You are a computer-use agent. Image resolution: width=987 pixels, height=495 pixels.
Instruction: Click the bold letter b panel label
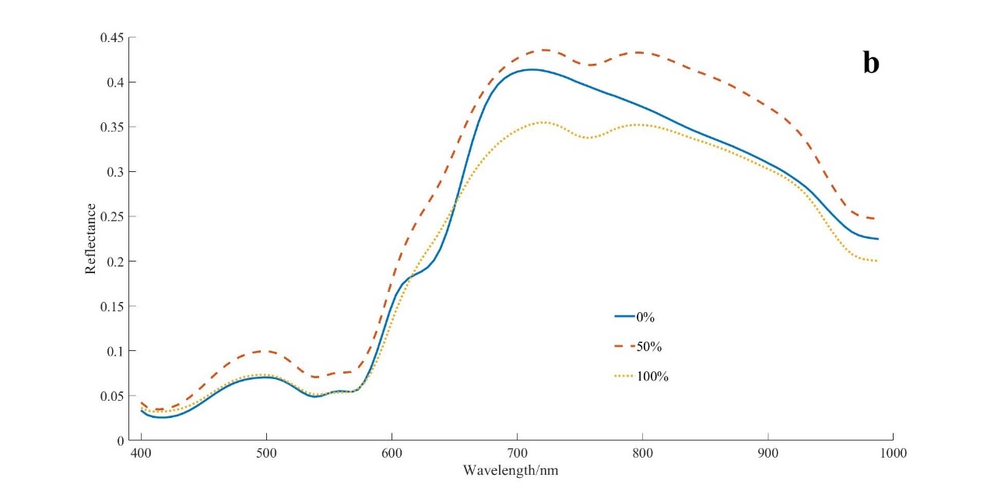coord(870,63)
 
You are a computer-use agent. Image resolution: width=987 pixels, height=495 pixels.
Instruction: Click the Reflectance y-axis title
coord(90,238)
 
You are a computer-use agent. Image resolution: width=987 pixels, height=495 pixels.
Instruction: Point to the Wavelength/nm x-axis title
coord(511,471)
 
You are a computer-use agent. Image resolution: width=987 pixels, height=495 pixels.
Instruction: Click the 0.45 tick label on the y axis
coord(111,37)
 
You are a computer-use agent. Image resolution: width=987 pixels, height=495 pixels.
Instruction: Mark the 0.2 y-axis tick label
coord(114,262)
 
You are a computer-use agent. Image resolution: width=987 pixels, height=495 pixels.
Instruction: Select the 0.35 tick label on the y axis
coord(111,127)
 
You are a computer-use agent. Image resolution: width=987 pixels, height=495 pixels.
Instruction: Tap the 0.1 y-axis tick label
coord(114,351)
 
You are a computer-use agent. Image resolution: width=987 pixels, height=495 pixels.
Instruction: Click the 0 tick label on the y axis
coord(120,441)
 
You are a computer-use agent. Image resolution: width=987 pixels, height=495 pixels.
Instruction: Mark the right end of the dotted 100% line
coord(876,261)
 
